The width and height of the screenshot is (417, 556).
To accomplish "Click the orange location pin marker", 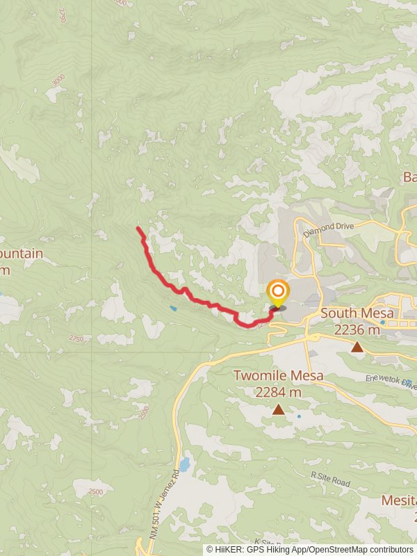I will click(x=277, y=292).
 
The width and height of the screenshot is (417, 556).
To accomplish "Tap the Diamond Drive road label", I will click(x=329, y=227).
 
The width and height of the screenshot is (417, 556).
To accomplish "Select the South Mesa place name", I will click(x=357, y=313).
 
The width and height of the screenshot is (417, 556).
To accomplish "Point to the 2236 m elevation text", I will click(x=357, y=330).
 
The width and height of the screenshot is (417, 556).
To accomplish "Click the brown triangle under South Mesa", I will click(x=357, y=347).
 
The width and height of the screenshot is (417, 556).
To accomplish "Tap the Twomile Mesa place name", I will click(x=278, y=376).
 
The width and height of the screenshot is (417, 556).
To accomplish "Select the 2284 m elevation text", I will click(x=278, y=393).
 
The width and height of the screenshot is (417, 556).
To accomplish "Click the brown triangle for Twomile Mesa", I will click(x=278, y=409).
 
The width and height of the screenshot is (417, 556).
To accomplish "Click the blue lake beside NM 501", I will click(x=184, y=464).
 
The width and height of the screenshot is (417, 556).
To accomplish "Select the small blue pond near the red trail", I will click(x=172, y=308).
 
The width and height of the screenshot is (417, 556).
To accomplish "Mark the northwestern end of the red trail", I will click(x=139, y=229).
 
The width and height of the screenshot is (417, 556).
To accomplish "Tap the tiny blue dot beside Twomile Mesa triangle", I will click(x=300, y=416).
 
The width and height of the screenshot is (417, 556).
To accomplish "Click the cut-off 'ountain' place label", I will click(x=21, y=254).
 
